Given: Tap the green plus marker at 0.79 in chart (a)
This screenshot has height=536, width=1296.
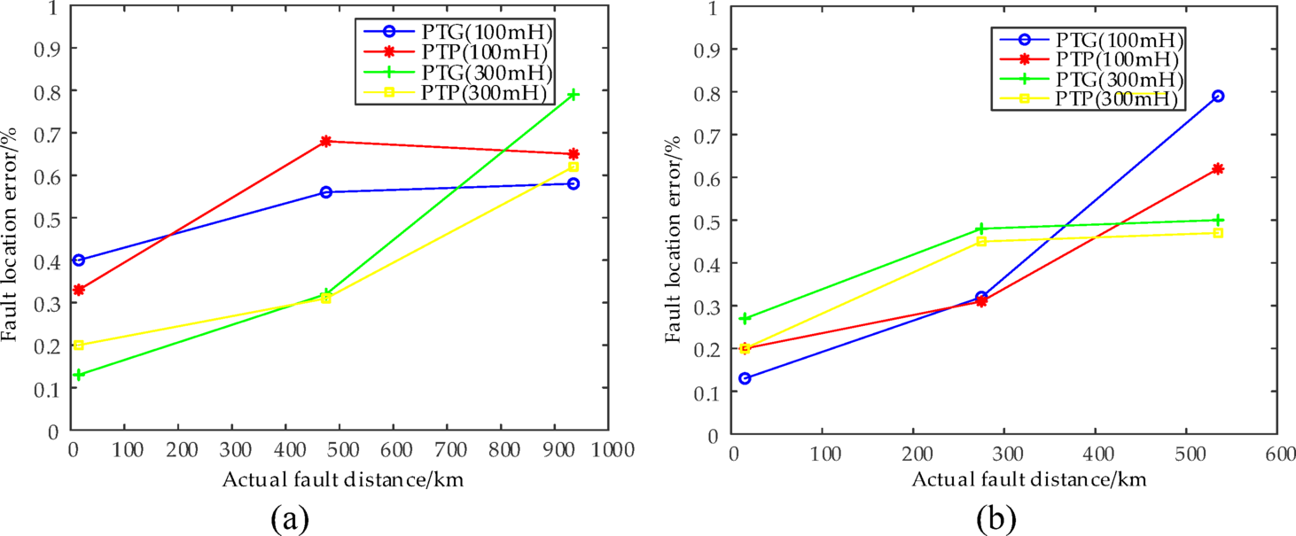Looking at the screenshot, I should [x=574, y=95].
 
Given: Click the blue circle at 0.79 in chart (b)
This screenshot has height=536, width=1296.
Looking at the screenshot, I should [x=1218, y=96].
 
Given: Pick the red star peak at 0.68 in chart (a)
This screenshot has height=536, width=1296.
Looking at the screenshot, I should [x=325, y=142].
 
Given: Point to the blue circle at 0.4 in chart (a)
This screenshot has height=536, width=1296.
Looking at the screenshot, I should [x=79, y=260].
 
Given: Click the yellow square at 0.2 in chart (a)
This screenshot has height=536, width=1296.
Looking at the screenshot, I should [x=79, y=346].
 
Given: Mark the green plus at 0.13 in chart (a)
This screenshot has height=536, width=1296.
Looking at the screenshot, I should [x=79, y=375].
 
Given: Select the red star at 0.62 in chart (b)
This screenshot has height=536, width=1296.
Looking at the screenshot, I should [x=1218, y=168].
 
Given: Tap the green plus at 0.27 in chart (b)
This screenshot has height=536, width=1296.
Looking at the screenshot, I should [x=746, y=319].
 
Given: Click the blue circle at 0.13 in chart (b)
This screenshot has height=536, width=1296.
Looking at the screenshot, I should [x=746, y=378].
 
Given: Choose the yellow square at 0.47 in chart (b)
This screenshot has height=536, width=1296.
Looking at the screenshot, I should [x=1218, y=233].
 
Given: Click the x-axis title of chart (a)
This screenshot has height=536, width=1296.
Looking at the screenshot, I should [x=343, y=479].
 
